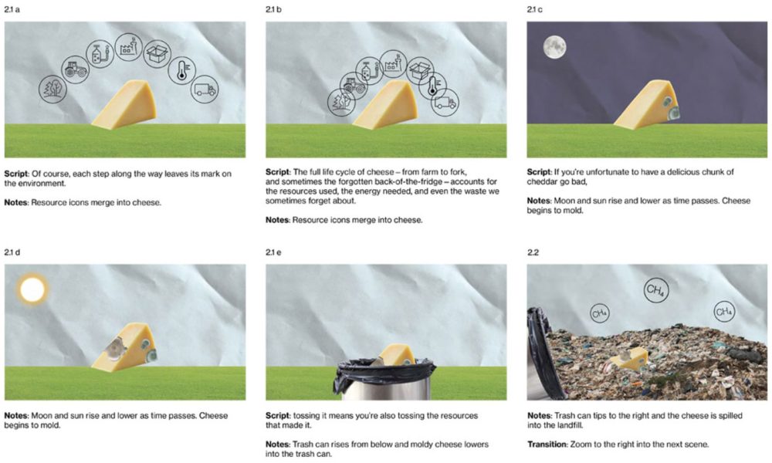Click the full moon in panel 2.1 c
click(x=554, y=47)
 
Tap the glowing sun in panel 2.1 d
click(x=32, y=289)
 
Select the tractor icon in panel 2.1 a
click(x=76, y=69)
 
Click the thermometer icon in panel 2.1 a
click(x=181, y=70)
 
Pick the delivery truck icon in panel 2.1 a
click(x=205, y=90)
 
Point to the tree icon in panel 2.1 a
click(x=52, y=89)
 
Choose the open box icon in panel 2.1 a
click(x=157, y=54)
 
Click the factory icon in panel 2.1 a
click(x=128, y=47)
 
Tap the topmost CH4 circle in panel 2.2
click(x=655, y=290)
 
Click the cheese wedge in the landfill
click(x=628, y=359)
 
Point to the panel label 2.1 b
click(x=273, y=9)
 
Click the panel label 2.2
click(x=533, y=252)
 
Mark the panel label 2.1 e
click(x=273, y=252)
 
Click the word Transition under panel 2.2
click(x=547, y=444)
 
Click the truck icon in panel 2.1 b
click(x=445, y=103)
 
